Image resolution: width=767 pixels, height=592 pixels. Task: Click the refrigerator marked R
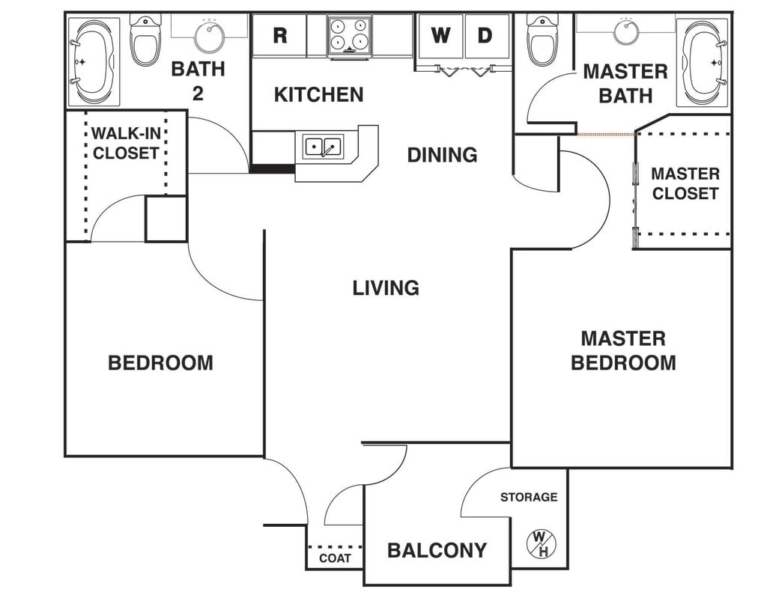click(279, 35)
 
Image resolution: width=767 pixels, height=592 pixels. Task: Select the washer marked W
click(441, 35)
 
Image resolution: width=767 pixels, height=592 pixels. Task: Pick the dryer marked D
click(486, 35)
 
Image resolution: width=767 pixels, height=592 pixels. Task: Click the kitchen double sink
click(323, 146)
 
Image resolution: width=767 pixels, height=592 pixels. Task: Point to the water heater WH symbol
click(539, 543)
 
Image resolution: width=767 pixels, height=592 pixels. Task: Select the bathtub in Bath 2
click(94, 61)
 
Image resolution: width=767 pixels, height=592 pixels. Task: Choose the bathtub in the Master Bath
click(702, 61)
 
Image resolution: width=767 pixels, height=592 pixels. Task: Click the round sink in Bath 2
click(209, 34)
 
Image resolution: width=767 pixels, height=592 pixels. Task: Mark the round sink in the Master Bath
click(626, 31)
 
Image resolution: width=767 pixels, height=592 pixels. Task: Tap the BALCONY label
click(437, 551)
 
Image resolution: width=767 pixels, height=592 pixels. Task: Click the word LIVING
click(386, 287)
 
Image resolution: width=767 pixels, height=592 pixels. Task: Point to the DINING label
click(442, 155)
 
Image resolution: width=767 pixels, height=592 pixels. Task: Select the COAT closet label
click(334, 558)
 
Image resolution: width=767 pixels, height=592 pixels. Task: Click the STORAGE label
click(529, 497)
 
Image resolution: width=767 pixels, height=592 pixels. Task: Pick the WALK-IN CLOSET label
click(125, 144)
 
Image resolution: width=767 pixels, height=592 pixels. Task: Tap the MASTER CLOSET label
click(685, 183)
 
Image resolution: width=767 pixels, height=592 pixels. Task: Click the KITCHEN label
click(318, 94)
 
